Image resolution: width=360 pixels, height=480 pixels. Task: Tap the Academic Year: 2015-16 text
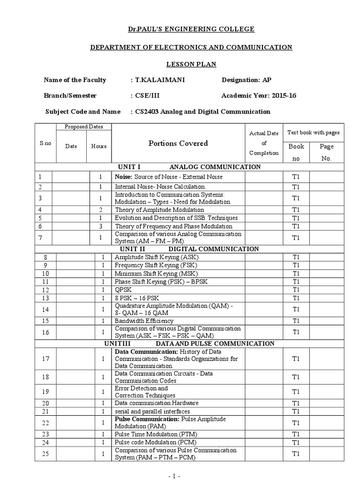pyautogui.click(x=258, y=96)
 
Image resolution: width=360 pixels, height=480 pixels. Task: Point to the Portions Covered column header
pyautogui.click(x=178, y=143)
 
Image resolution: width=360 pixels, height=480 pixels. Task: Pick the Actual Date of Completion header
pyautogui.click(x=264, y=143)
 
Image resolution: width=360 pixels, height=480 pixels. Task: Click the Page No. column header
pyautogui.click(x=326, y=152)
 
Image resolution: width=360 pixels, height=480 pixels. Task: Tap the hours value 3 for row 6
pyautogui.click(x=101, y=226)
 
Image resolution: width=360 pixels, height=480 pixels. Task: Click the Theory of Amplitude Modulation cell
pyautogui.click(x=159, y=210)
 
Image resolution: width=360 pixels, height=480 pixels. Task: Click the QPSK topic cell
pyautogui.click(x=123, y=290)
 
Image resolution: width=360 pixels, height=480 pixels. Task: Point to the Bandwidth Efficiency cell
pyautogui.click(x=144, y=321)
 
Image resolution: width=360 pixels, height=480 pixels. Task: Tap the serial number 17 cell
pyautogui.click(x=45, y=359)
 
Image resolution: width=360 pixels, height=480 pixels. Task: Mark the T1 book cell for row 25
pyautogui.click(x=296, y=454)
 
